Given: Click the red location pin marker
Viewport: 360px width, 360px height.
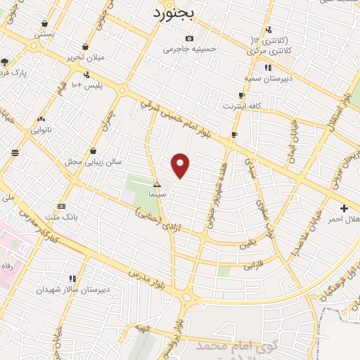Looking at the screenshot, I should pyautogui.click(x=181, y=165).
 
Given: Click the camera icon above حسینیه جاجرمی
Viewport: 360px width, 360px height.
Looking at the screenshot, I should pyautogui.click(x=188, y=39).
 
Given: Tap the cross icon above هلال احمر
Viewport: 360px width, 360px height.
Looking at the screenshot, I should pyautogui.click(x=344, y=208).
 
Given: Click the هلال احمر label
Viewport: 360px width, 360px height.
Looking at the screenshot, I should pyautogui.click(x=343, y=219).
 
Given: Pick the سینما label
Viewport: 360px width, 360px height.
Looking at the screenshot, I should pyautogui.click(x=157, y=193).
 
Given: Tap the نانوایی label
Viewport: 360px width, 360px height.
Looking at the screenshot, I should pyautogui.click(x=41, y=129).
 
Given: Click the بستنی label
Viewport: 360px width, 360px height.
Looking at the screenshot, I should pyautogui.click(x=44, y=34).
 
